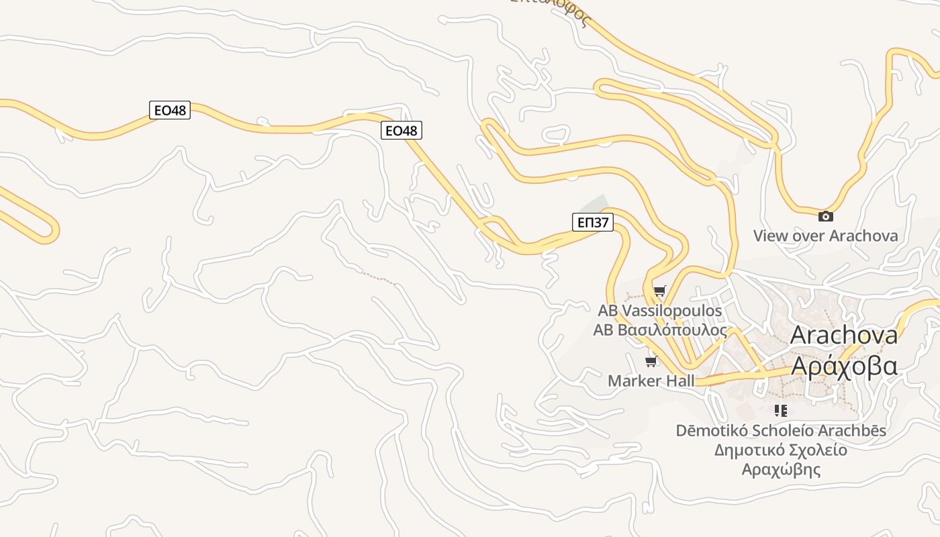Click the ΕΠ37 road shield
(593, 222)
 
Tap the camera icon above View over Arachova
(825, 216)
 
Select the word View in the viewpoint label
(770, 236)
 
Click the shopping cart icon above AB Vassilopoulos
(659, 291)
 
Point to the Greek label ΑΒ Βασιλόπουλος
(660, 330)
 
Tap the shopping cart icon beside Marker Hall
(650, 362)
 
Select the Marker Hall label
(651, 381)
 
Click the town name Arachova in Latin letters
(844, 335)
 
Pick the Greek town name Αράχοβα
(844, 366)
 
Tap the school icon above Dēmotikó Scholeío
(780, 410)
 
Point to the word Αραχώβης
(781, 469)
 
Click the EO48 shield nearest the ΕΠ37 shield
(402, 131)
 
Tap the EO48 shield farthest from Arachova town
(169, 110)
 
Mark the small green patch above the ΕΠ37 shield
(595, 203)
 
